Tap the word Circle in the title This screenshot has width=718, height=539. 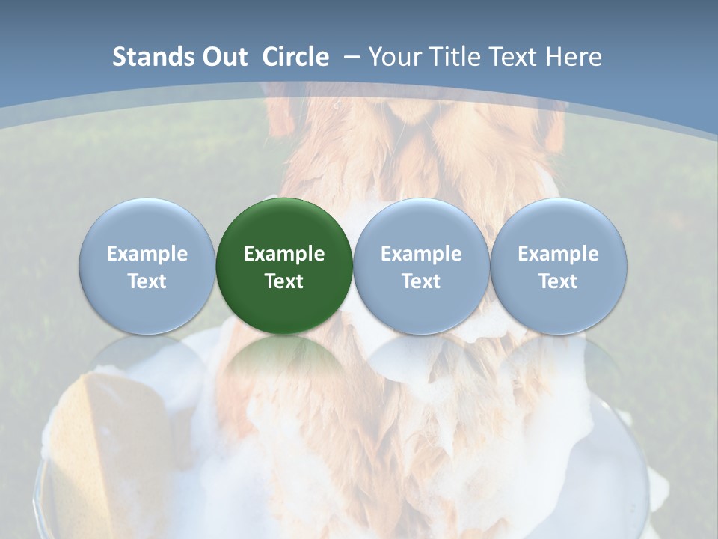pyautogui.click(x=295, y=57)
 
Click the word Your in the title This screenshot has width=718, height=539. pyautogui.click(x=391, y=58)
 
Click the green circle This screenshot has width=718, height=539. pyautogui.click(x=284, y=266)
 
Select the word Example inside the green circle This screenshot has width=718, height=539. pyautogui.click(x=284, y=254)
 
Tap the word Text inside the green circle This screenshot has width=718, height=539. pyautogui.click(x=284, y=281)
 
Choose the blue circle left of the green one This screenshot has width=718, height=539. pyautogui.click(x=147, y=266)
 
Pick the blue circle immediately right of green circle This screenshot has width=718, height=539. pyautogui.click(x=421, y=266)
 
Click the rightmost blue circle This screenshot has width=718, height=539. pyautogui.click(x=559, y=266)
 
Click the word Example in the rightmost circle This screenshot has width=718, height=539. pyautogui.click(x=559, y=254)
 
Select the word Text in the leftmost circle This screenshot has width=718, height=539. pyautogui.click(x=147, y=281)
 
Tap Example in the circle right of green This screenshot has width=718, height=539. pyautogui.click(x=421, y=254)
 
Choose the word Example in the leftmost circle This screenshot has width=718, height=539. pyautogui.click(x=147, y=254)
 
